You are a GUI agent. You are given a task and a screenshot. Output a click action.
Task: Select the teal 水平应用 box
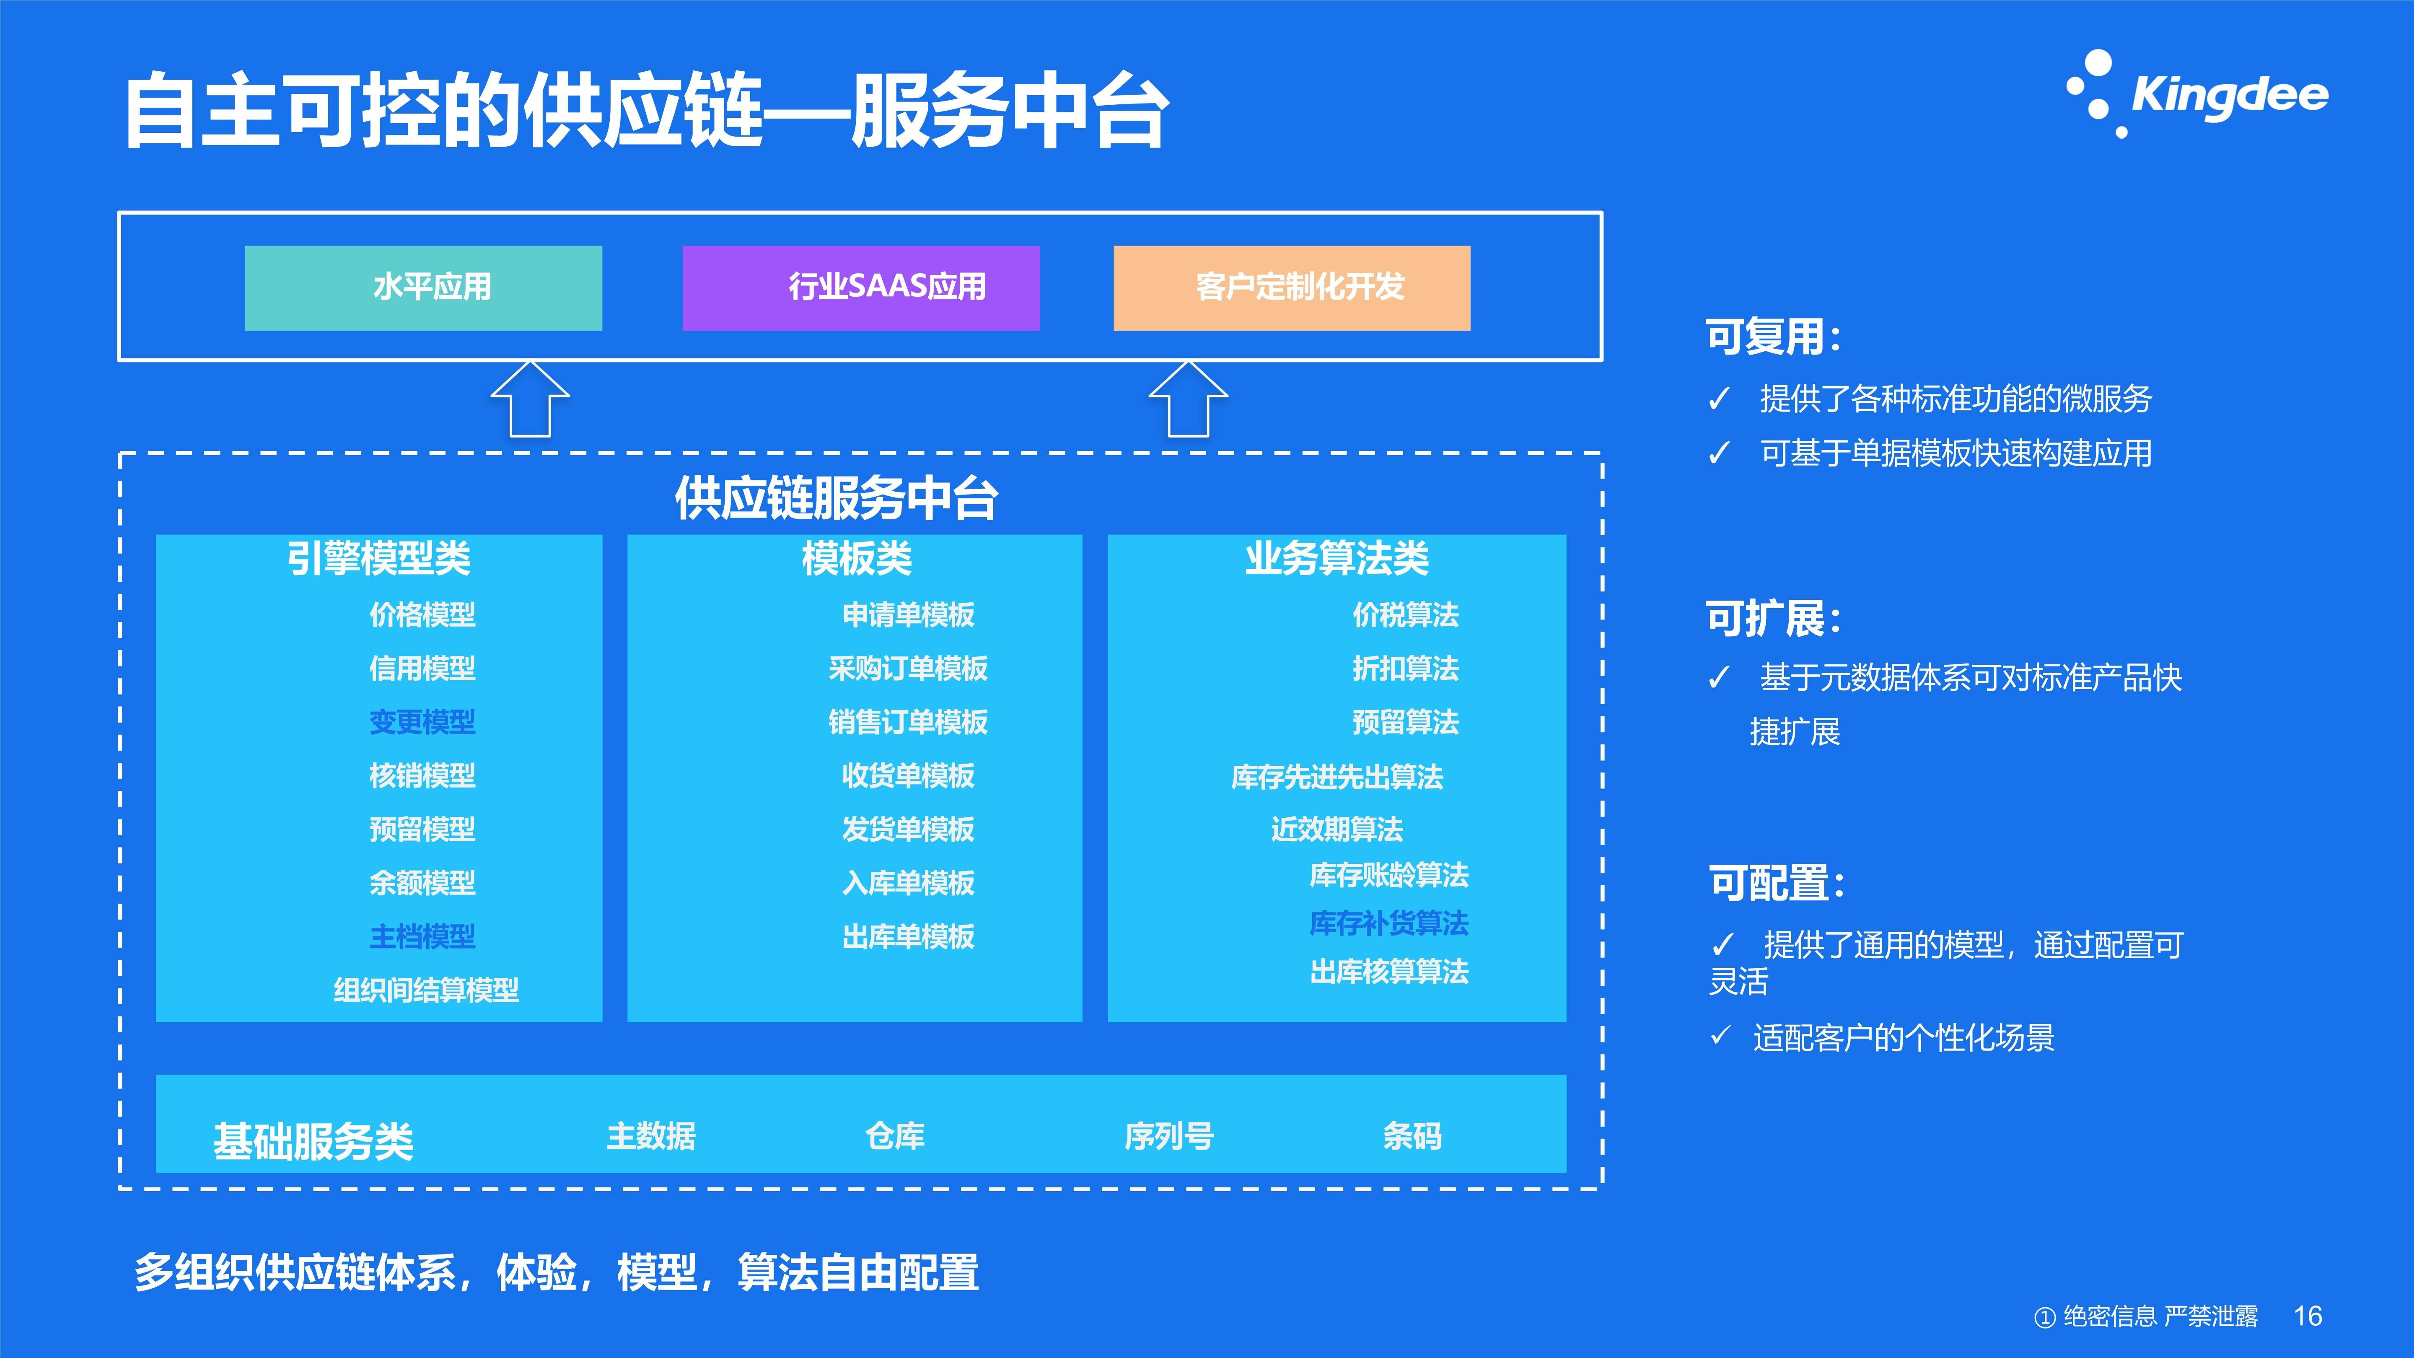click(424, 288)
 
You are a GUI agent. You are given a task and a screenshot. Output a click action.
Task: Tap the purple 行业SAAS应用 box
click(861, 288)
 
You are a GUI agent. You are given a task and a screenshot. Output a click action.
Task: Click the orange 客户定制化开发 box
click(1291, 288)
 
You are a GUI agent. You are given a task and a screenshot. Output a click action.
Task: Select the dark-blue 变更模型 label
click(422, 722)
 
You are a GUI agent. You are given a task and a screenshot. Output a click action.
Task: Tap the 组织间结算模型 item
click(426, 990)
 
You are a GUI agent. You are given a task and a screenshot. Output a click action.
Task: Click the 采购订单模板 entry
click(908, 668)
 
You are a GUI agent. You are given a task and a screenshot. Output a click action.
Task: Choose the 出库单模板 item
click(908, 936)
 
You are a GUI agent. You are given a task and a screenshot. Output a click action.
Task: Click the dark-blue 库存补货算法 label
click(1389, 923)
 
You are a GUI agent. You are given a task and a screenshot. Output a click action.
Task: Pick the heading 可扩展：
click(1774, 619)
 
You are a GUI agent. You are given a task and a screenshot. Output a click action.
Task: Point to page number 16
click(2308, 1316)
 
